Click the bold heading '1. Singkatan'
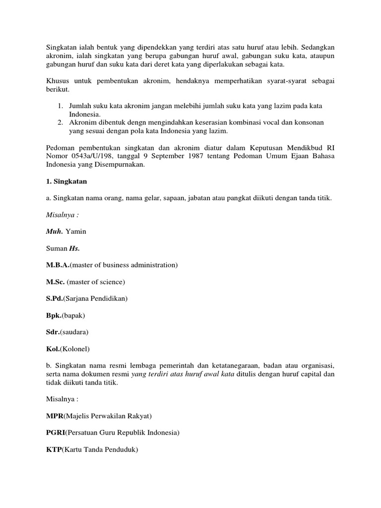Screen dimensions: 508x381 66,182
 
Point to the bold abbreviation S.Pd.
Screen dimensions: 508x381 56,300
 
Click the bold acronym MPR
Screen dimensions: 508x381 54,415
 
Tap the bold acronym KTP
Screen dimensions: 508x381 54,450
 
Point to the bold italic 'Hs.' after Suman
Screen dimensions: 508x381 74,249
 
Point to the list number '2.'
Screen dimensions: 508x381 60,123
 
